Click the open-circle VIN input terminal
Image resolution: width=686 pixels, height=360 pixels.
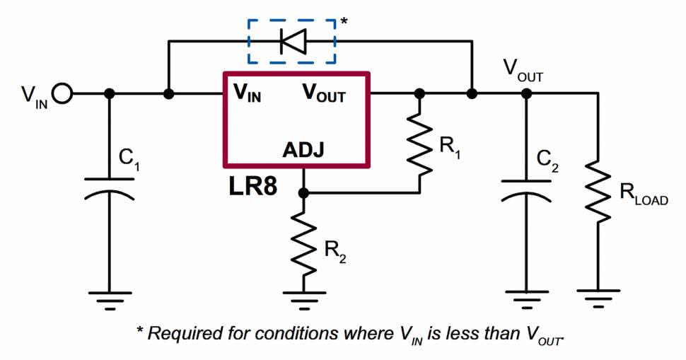[x=62, y=93]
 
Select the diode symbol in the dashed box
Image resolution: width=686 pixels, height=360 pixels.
[x=291, y=41]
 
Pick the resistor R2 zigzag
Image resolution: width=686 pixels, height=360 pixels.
[x=303, y=245]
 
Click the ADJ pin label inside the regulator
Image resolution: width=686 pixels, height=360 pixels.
[x=304, y=150]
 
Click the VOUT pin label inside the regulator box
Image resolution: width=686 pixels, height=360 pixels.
[x=324, y=93]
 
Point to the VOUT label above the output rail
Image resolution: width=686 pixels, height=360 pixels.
[x=523, y=70]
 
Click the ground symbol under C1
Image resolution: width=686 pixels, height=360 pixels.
[x=110, y=297]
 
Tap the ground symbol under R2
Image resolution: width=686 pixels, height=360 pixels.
[x=303, y=297]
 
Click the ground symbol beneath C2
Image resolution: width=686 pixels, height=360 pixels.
[x=525, y=297]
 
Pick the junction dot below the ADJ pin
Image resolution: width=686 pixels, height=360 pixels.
[x=303, y=192]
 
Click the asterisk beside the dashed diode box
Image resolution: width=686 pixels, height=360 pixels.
[x=344, y=22]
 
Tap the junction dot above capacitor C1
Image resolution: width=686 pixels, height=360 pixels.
[x=110, y=93]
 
